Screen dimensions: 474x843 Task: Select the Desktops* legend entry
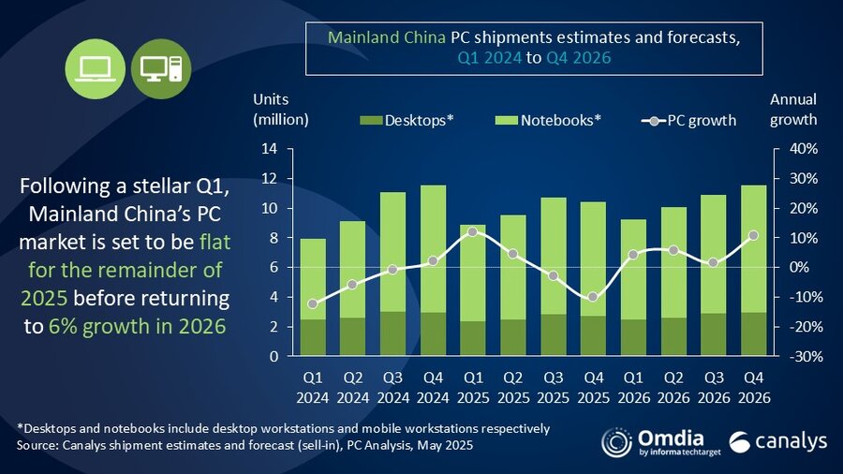[x=407, y=120]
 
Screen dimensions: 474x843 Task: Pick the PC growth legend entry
[x=688, y=120]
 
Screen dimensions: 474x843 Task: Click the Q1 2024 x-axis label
[x=314, y=386]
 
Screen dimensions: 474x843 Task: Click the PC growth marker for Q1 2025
[x=473, y=231]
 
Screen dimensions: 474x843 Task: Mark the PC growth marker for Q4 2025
[x=593, y=297]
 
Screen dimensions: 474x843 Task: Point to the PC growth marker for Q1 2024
[x=313, y=304]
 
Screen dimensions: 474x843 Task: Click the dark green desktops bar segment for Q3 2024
[x=392, y=333]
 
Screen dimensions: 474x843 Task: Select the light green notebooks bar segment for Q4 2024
[x=433, y=248]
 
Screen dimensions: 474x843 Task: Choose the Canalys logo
[x=766, y=442]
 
